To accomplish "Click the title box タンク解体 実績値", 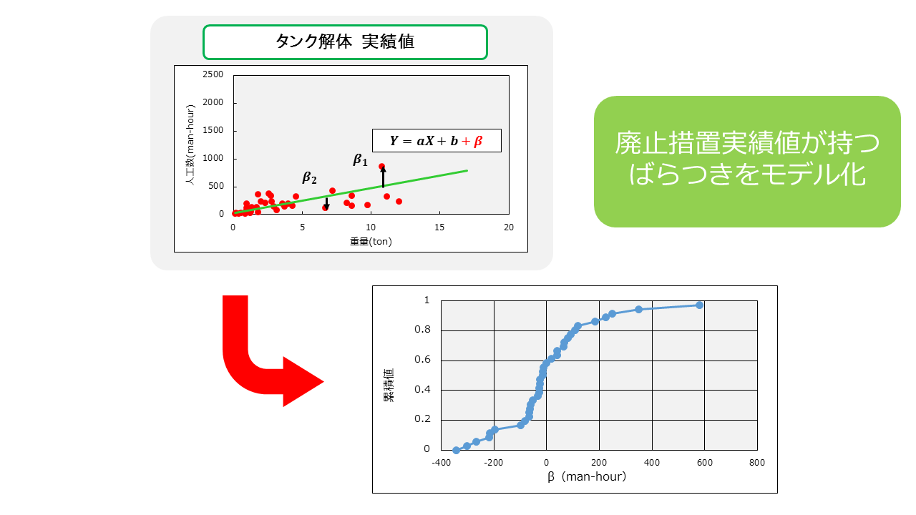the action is click(345, 42).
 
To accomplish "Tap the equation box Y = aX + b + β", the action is click(437, 141).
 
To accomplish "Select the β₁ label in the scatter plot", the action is click(360, 160).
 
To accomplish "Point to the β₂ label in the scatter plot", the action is click(310, 178).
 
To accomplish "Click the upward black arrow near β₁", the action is click(383, 177).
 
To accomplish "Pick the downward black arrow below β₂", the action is click(326, 204).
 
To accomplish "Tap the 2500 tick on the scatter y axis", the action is click(213, 74).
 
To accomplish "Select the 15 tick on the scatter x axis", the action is click(439, 227).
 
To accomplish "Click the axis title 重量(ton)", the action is click(371, 242).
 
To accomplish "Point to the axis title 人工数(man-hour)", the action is click(190, 145).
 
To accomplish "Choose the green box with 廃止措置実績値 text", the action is click(747, 162).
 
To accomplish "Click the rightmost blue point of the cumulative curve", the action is click(699, 305).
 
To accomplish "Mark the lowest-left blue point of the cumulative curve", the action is click(457, 451).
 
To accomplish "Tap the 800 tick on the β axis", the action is click(757, 463).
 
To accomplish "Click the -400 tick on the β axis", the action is click(442, 463).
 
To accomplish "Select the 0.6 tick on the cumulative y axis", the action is click(422, 359).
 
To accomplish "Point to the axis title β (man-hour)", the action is click(587, 476).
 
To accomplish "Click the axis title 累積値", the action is click(389, 386).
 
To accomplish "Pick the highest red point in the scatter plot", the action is click(382, 167).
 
